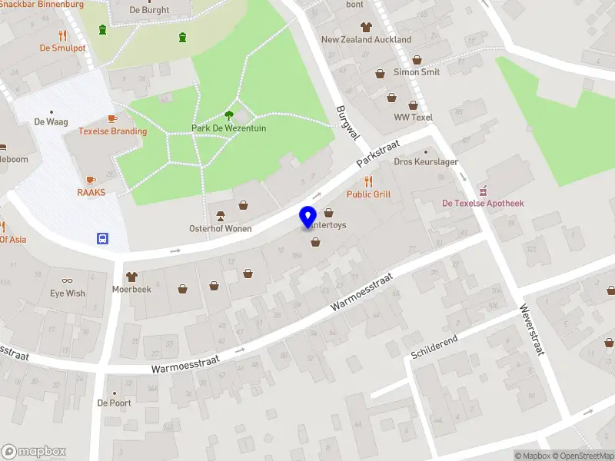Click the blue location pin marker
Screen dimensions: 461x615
point(308,217)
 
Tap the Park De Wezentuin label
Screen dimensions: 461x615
point(229,128)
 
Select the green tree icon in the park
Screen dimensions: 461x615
point(229,115)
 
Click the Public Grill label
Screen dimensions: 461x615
point(368,194)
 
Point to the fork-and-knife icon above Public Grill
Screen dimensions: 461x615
point(368,181)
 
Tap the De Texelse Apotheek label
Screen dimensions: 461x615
point(483,204)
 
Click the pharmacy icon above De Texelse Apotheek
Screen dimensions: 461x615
point(483,191)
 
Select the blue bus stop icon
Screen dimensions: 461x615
point(102,238)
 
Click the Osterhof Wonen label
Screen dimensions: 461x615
point(221,229)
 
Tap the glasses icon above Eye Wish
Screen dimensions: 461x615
point(68,280)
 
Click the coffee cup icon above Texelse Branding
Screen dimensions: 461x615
point(112,118)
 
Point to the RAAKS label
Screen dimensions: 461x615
point(91,193)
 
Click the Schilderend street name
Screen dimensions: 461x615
point(434,347)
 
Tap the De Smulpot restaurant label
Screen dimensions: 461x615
point(63,48)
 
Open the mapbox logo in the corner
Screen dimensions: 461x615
point(34,452)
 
